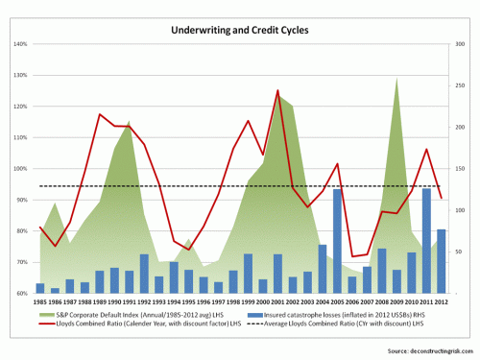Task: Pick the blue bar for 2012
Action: [441, 261]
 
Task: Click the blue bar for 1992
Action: [144, 274]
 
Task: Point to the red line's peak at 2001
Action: [278, 91]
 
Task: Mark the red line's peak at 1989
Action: [100, 114]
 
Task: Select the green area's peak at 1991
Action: [129, 122]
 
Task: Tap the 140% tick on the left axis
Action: [19, 44]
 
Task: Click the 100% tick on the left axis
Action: [19, 169]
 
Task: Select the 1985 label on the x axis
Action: [40, 301]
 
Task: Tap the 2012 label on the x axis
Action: [441, 301]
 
